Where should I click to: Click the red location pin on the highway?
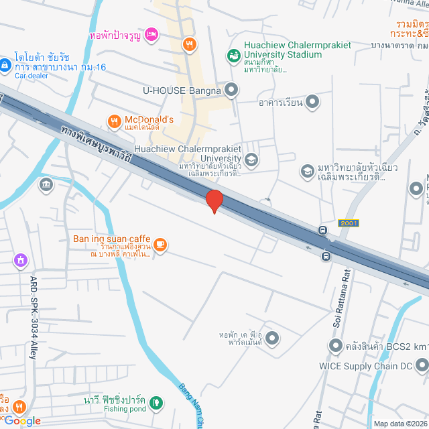(214, 200)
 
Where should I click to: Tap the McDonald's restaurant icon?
(114, 121)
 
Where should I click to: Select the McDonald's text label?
(149, 120)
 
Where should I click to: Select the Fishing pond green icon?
(156, 403)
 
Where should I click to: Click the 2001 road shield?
(349, 223)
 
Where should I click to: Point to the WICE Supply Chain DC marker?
(422, 366)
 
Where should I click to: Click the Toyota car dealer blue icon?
(5, 65)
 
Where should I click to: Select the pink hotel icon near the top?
(151, 34)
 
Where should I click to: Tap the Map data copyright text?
(400, 423)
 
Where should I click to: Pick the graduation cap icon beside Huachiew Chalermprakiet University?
(251, 160)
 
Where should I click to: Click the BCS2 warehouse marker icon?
(335, 346)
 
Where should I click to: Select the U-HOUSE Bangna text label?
(182, 89)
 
